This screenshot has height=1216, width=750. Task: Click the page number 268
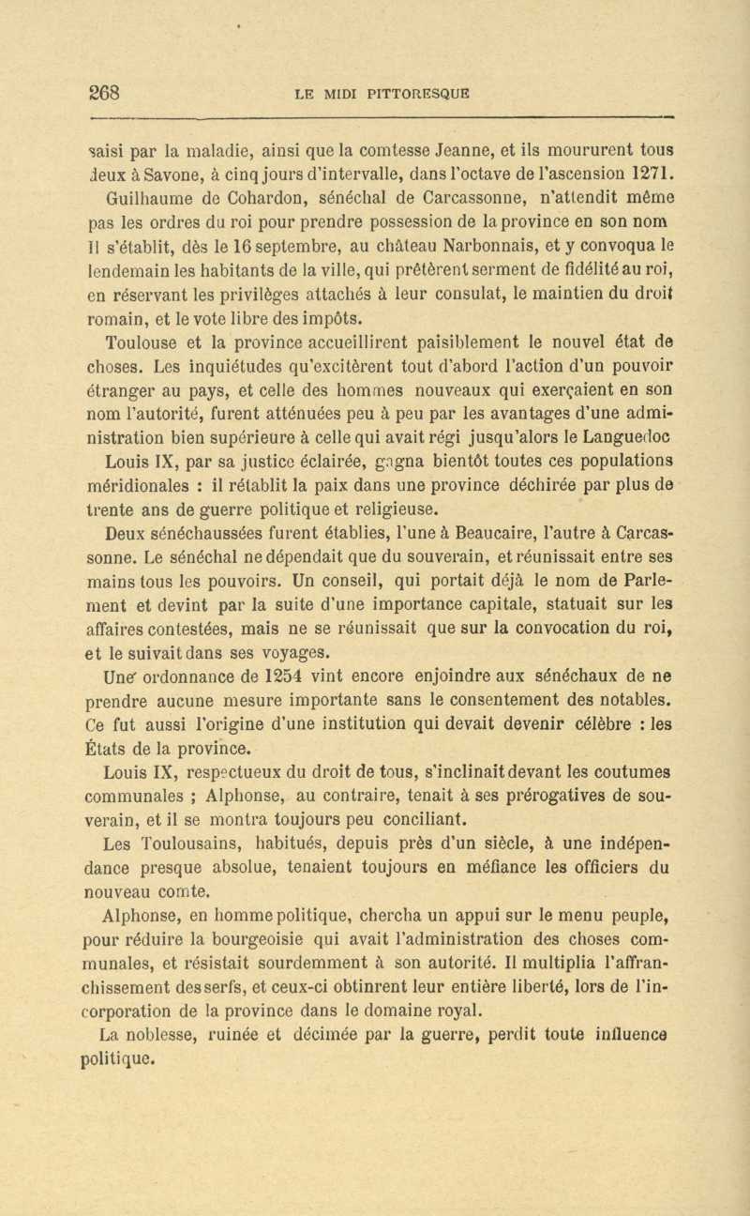click(x=104, y=93)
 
